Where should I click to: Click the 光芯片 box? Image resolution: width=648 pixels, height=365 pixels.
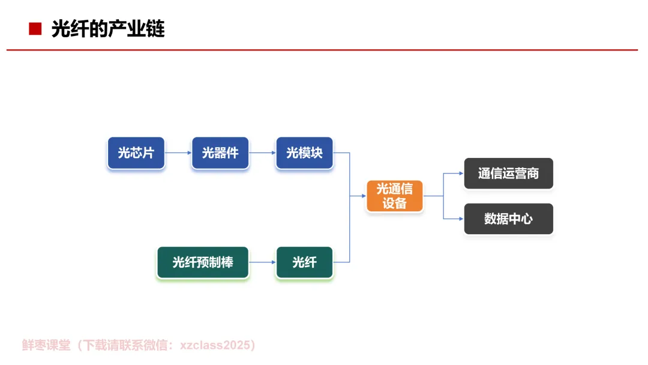pos(136,153)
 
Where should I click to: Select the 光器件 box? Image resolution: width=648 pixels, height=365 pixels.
pos(220,153)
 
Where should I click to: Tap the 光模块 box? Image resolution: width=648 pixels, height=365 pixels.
pos(304,153)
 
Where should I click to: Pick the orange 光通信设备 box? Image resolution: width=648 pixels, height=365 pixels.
pos(395,196)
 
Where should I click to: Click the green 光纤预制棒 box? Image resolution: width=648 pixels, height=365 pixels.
pos(203,262)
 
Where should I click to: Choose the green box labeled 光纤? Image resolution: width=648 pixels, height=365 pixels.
pos(304,262)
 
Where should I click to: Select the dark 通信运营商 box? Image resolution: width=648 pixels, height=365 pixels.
pos(508,173)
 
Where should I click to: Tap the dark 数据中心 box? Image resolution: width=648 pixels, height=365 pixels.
pos(508,219)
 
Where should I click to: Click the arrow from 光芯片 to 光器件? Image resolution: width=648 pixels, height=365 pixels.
pos(178,152)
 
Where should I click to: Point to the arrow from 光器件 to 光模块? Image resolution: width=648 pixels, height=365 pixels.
pos(262,152)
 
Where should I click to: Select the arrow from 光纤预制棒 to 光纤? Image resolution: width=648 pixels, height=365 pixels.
pos(262,262)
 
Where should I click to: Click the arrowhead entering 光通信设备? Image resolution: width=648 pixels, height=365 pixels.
pos(363,196)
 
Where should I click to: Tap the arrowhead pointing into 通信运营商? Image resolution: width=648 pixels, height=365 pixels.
pos(460,173)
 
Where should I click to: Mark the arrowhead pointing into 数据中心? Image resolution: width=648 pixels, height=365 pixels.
pos(460,219)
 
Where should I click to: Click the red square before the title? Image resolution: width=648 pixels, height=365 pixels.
pos(35,28)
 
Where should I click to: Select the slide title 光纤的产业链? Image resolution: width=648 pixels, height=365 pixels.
pos(108,28)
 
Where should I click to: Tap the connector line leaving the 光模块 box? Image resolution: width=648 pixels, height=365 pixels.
pos(342,152)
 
